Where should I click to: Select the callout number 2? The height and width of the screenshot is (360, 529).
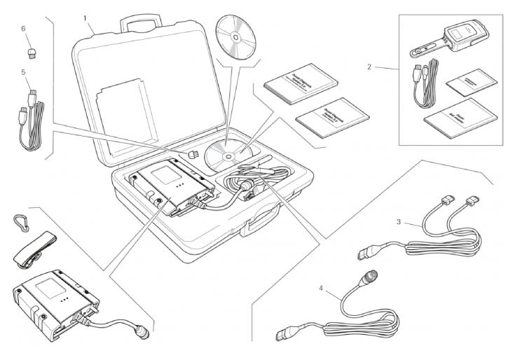coord(369,67)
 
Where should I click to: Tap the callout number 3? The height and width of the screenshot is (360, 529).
coord(398,223)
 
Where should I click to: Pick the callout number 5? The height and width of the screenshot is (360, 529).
coord(23,72)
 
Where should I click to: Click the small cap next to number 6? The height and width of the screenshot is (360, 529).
coord(32,52)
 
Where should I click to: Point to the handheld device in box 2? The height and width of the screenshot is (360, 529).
coord(460,40)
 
